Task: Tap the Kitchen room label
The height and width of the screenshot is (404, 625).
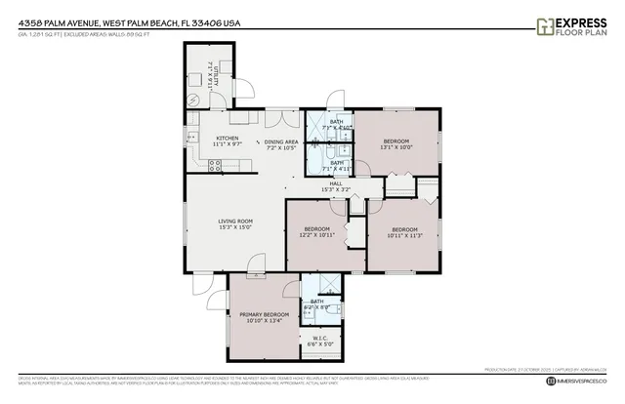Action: click(227, 141)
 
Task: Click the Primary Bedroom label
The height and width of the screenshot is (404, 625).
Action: click(261, 315)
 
